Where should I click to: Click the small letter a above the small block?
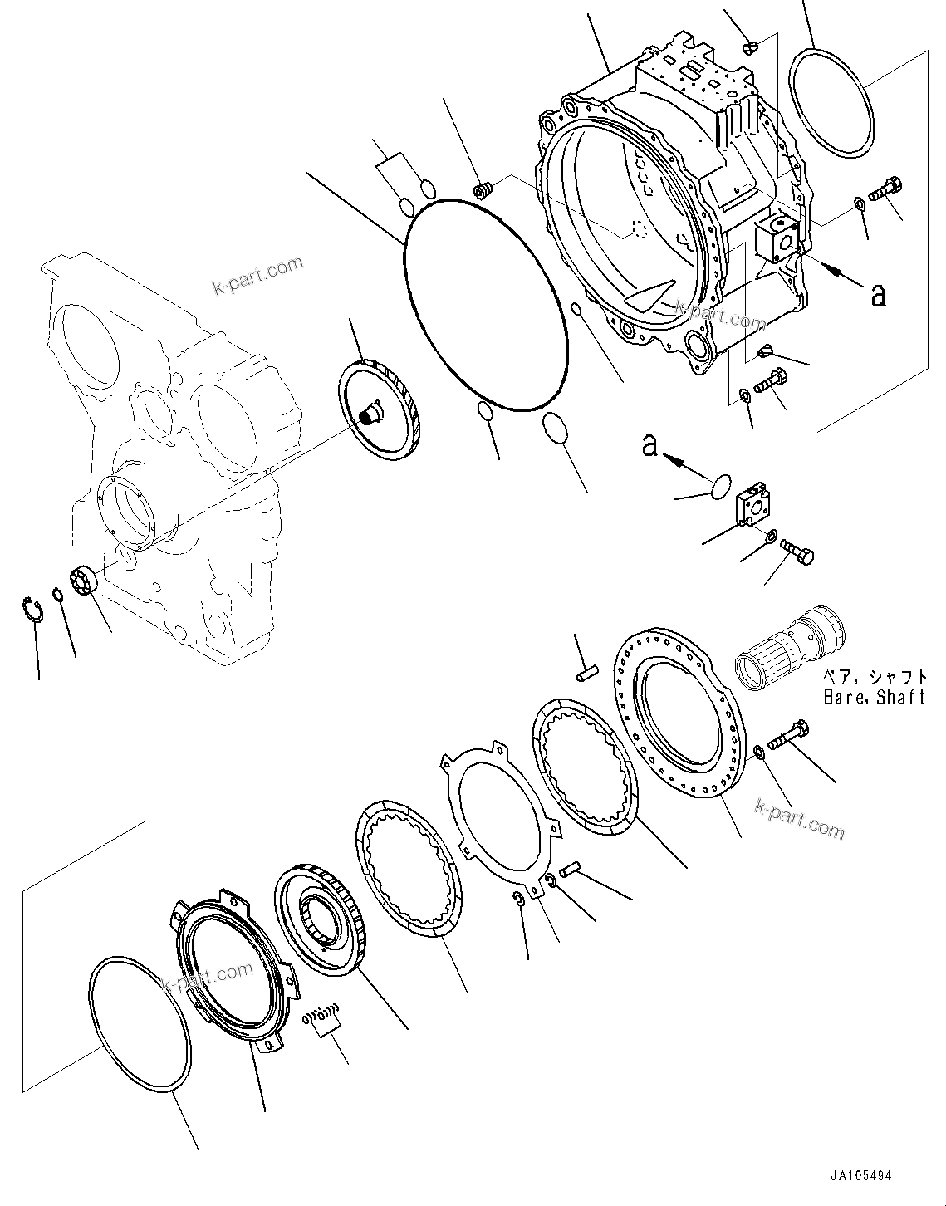tap(649, 446)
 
